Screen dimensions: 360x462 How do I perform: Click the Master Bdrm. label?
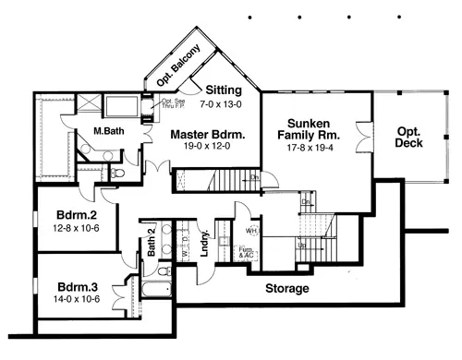pos(208,135)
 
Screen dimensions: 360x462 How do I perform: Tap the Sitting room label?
pos(224,90)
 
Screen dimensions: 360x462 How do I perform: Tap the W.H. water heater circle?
pos(251,229)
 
